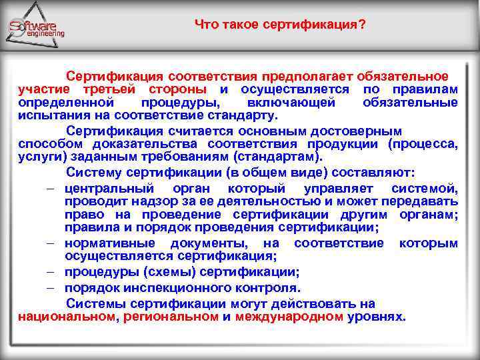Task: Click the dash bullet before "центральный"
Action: [51, 189]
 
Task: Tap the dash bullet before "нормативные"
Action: [51, 243]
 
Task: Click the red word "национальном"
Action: [66, 316]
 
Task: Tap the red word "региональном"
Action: [171, 316]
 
